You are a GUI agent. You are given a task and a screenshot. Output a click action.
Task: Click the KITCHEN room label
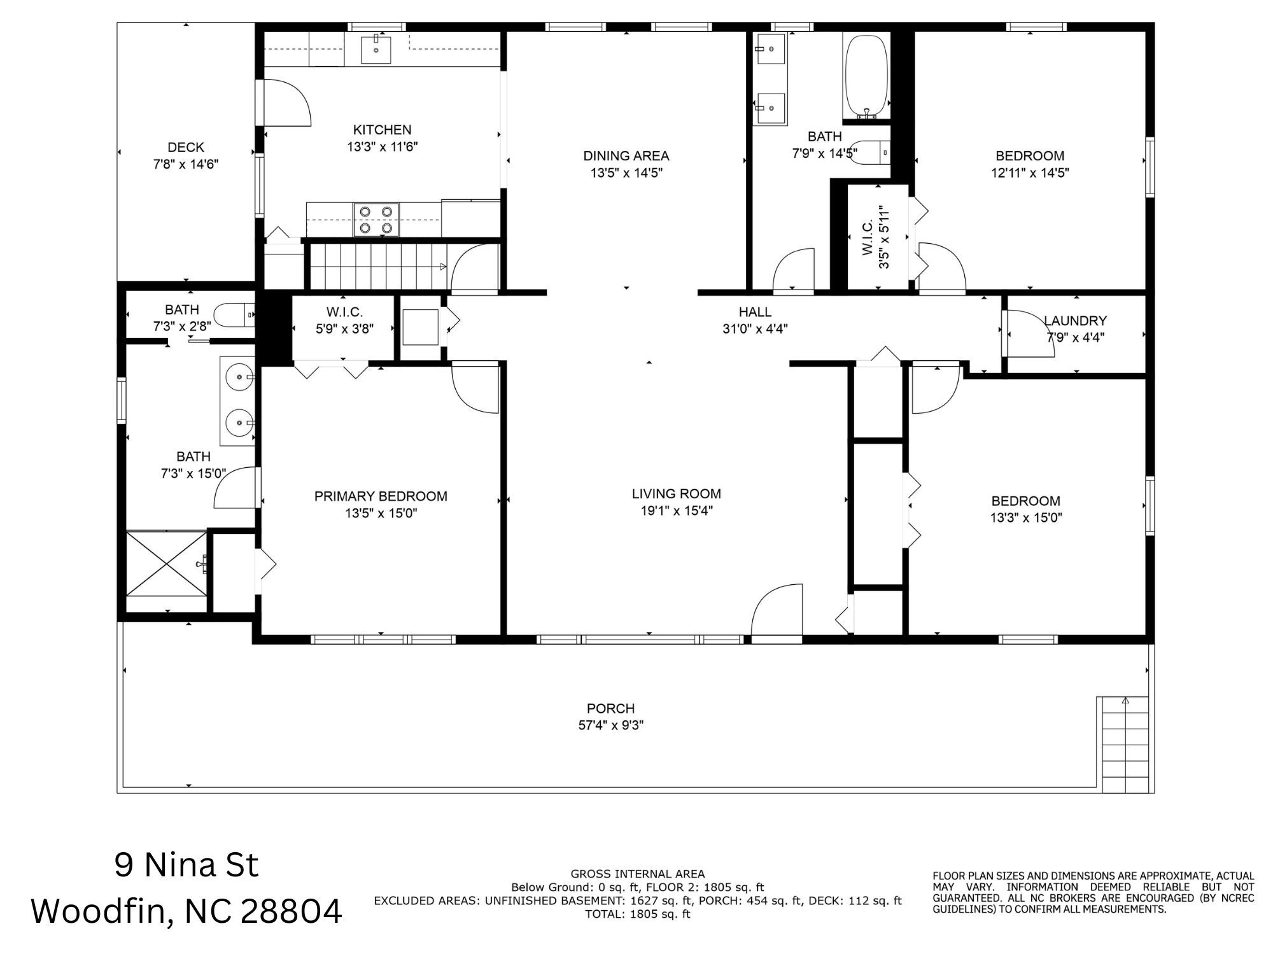382,130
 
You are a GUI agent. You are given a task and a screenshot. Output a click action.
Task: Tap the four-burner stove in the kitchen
376,220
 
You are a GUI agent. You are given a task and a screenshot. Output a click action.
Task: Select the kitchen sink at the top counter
376,50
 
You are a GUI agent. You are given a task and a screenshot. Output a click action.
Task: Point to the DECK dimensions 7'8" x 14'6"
186,164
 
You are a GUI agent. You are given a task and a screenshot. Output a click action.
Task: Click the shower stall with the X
167,564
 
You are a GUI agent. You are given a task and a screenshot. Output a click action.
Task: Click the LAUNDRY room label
1075,321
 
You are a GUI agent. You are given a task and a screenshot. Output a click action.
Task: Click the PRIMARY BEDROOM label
381,496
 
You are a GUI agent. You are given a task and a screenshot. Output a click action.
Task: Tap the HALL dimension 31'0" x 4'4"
756,329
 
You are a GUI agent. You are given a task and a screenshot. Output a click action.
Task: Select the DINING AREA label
626,156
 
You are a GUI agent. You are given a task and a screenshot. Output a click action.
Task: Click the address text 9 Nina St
186,865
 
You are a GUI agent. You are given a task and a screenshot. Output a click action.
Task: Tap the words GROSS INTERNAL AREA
637,874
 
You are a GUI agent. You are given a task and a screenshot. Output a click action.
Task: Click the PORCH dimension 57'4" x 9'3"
610,725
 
